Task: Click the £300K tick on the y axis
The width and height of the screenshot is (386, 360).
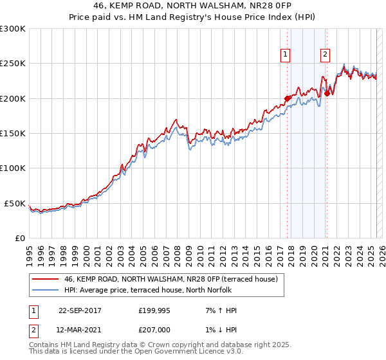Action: point(13,29)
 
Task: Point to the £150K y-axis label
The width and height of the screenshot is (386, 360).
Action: point(13,133)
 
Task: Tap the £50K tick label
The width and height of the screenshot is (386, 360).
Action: point(15,203)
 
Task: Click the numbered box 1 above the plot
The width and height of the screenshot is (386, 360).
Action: point(284,55)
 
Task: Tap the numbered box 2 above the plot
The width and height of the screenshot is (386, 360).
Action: point(326,55)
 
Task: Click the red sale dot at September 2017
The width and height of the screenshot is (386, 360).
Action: point(287,98)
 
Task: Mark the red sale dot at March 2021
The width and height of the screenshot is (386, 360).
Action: point(327,93)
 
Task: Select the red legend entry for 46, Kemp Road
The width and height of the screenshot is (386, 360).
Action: point(170,279)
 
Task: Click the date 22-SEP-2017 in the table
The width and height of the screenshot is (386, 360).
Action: point(80,310)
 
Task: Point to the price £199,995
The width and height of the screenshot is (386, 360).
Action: point(154,310)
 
